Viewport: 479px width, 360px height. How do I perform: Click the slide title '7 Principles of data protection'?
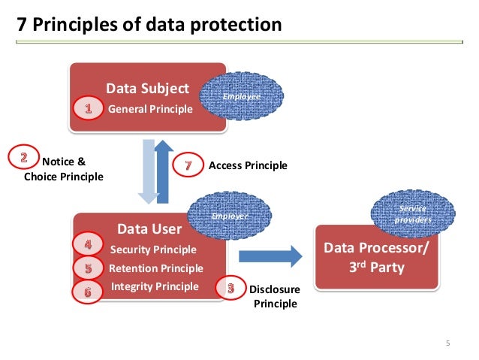149,25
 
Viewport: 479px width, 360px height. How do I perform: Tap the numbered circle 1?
89,109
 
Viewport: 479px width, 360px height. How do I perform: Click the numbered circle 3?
230,286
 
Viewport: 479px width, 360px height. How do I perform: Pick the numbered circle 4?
88,245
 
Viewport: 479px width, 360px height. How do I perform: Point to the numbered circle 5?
88,268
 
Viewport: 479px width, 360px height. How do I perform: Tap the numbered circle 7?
188,165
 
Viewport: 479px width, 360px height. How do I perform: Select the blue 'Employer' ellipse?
230,216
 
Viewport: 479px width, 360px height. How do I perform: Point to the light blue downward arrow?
148,174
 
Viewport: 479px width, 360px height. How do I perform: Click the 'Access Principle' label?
248,165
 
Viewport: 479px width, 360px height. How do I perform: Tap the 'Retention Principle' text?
155,268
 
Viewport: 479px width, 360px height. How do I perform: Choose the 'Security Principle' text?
153,250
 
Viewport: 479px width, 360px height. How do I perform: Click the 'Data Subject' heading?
147,89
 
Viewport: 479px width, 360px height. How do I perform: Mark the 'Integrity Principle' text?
155,286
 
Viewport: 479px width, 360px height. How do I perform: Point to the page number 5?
448,344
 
